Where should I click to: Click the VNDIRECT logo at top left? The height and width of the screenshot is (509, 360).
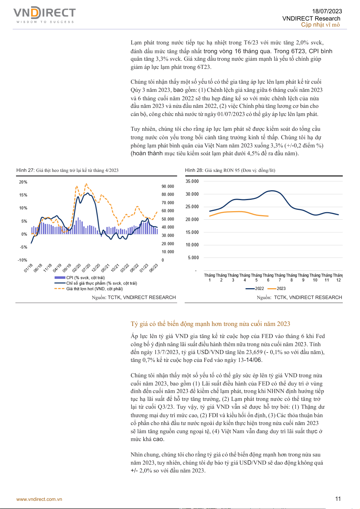(x=44, y=14)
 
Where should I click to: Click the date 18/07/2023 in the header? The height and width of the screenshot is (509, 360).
(x=327, y=11)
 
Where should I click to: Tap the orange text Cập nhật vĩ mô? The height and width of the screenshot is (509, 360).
(x=320, y=25)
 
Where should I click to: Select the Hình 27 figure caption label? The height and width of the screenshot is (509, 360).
(x=25, y=170)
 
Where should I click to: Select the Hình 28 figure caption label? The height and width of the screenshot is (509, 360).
(x=194, y=170)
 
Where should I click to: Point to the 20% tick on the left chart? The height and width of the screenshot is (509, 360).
(x=23, y=182)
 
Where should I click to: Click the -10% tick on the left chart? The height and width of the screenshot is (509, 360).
(x=22, y=260)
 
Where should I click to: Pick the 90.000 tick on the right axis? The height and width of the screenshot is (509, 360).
(x=168, y=186)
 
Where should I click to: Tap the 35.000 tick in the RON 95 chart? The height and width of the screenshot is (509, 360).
(x=192, y=181)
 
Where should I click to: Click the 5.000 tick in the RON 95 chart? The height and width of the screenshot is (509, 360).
(x=193, y=258)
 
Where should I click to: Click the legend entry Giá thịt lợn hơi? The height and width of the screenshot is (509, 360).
(x=94, y=289)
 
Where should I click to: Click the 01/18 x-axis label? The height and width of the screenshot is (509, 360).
(x=28, y=268)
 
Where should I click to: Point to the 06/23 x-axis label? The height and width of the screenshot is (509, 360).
(x=154, y=268)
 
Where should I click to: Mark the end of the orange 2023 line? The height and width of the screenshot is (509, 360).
(x=268, y=216)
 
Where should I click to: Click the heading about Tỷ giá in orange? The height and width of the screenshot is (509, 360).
(x=210, y=324)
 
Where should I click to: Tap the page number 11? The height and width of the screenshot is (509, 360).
(x=338, y=499)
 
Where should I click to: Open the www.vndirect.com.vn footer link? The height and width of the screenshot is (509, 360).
(x=39, y=499)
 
